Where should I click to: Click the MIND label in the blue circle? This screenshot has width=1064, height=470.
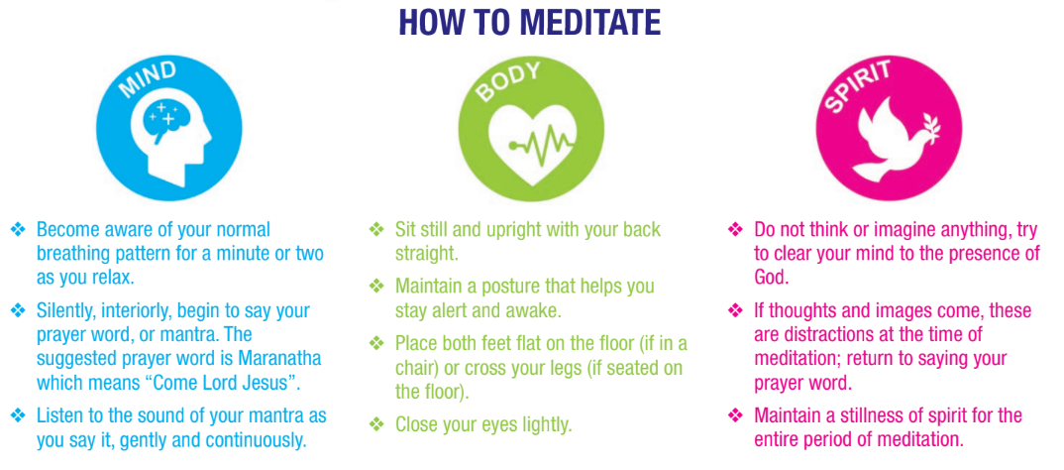pyautogui.click(x=148, y=81)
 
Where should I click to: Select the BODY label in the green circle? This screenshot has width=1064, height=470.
pyautogui.click(x=509, y=80)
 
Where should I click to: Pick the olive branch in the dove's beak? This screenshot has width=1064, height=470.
pyautogui.click(x=927, y=128)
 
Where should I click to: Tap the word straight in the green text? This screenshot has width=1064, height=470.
pyautogui.click(x=426, y=253)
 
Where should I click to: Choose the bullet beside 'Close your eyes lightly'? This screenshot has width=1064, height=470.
pyautogui.click(x=375, y=425)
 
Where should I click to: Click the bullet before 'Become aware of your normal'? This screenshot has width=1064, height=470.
pyautogui.click(x=18, y=229)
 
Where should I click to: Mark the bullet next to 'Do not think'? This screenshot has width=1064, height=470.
pyautogui.click(x=735, y=229)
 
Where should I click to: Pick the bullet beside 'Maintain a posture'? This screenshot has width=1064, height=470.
pyautogui.click(x=375, y=286)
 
